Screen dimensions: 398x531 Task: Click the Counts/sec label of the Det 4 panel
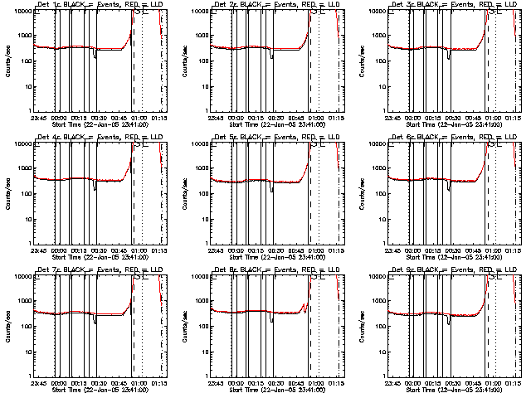point(7,192)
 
